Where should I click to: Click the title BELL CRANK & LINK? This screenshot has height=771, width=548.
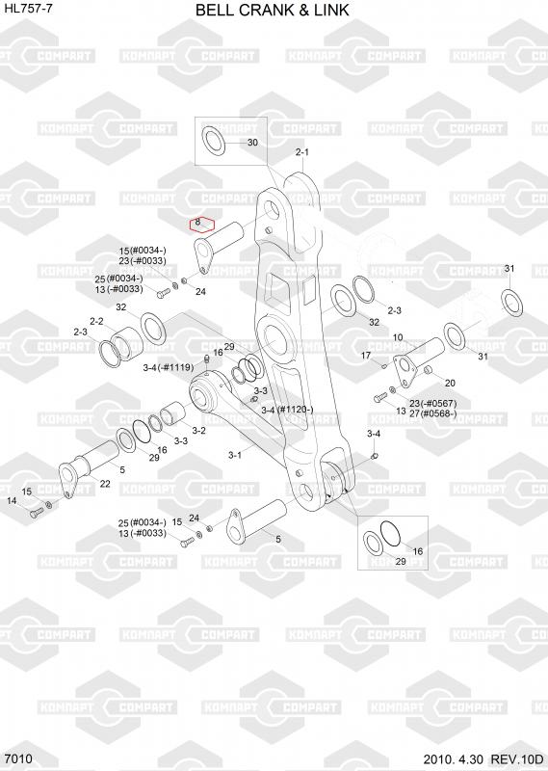coord(273,10)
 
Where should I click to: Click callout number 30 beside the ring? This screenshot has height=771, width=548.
coord(252,143)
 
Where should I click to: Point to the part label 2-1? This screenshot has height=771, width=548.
coord(302,152)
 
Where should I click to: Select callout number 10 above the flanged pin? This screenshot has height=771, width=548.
coord(398,337)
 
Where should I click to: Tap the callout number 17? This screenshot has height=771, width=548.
coord(366,355)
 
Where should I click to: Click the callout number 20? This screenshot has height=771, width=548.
coord(450,383)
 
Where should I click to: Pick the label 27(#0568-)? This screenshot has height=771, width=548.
coord(433,413)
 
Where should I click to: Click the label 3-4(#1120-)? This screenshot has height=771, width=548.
coord(287,409)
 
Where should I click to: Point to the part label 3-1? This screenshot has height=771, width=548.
coord(235,455)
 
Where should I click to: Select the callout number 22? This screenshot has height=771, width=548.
coord(105,484)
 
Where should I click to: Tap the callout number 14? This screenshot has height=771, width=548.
coord(12,500)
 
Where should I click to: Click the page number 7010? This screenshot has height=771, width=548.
coord(18,758)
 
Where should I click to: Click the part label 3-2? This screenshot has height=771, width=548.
coord(198,431)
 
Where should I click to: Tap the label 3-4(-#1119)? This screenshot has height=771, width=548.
coord(169,367)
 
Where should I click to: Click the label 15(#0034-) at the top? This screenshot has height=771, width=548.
coord(143,251)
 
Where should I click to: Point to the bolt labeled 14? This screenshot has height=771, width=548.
coord(37,513)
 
